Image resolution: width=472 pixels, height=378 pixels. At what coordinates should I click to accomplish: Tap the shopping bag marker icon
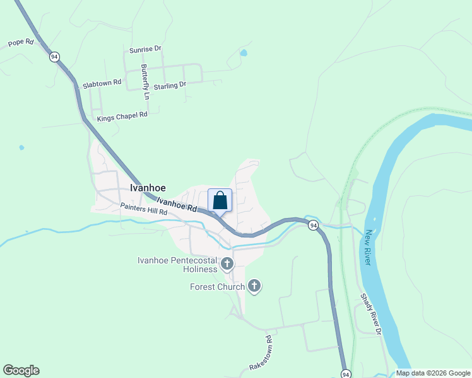(x=220, y=200)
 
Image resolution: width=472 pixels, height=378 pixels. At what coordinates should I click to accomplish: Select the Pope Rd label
(x=20, y=43)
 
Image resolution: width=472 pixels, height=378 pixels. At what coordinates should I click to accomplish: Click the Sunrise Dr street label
(x=145, y=49)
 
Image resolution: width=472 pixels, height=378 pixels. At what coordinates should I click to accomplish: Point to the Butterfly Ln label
(x=145, y=82)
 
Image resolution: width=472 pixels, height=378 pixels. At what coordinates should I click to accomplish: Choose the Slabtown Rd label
(x=102, y=83)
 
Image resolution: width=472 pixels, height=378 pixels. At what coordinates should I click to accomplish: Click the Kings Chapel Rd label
(x=122, y=115)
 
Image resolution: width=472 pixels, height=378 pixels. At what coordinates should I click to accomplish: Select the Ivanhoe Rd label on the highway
(x=177, y=204)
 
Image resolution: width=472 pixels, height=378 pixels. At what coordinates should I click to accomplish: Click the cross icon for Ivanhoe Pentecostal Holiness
(x=227, y=263)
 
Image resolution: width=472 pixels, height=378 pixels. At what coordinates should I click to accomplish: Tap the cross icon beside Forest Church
(x=254, y=287)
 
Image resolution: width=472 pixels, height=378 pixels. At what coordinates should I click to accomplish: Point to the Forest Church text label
(x=217, y=287)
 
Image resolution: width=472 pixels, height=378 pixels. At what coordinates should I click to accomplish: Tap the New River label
(x=369, y=247)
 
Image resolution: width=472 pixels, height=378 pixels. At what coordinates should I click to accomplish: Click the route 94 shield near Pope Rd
(x=55, y=57)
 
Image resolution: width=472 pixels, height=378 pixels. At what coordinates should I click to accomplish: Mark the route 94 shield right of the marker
(x=313, y=226)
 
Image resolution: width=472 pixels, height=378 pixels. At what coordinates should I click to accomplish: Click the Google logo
(x=21, y=370)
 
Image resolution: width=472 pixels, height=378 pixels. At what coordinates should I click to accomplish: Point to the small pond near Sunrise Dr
(x=244, y=53)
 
